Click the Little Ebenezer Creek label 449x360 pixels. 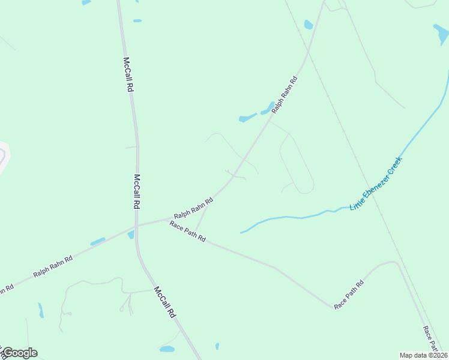tap(375, 184)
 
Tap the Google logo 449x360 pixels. tap(20, 353)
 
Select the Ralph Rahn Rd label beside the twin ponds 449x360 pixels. tap(285, 95)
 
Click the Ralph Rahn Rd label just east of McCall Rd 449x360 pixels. tap(194, 208)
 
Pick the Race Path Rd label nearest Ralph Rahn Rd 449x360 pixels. tap(187, 231)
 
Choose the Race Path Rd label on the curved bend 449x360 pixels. tap(349, 295)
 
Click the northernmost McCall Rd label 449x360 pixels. tap(128, 74)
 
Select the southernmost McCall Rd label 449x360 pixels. tap(165, 301)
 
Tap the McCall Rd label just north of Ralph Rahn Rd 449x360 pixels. tap(137, 191)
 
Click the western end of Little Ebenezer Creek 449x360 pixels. tap(241, 232)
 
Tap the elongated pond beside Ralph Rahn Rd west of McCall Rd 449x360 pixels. tap(98, 242)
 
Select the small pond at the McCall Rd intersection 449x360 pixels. tap(130, 235)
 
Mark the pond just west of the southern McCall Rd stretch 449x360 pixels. tap(167, 349)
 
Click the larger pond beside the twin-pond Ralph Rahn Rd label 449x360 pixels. tap(247, 118)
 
